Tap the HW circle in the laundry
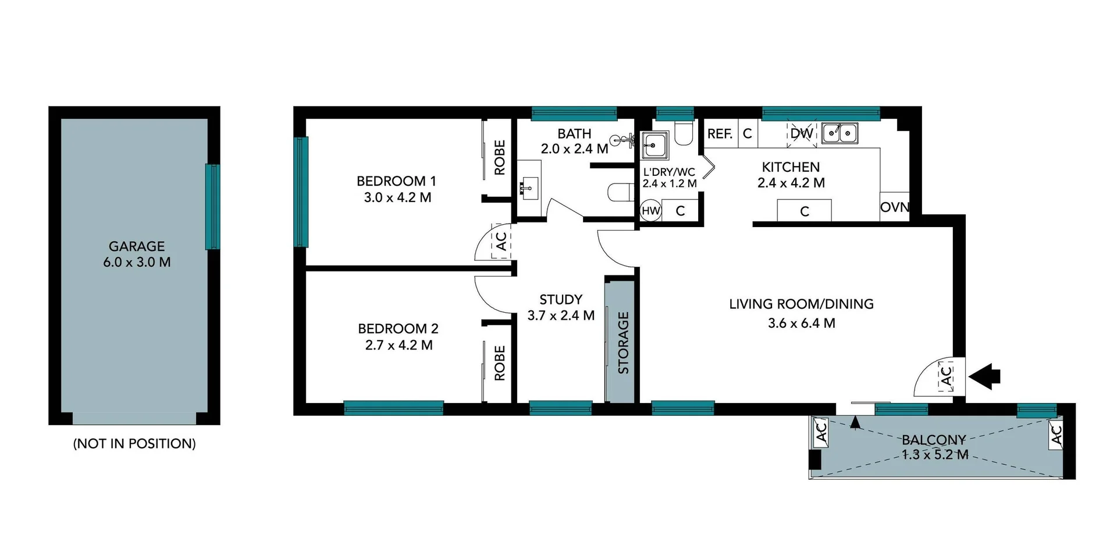pos(650,211)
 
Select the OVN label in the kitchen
pos(894,207)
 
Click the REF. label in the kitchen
pos(720,134)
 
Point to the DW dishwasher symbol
pos(802,134)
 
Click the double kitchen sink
pos(839,134)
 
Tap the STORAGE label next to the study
pos(623,342)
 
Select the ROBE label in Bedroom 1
pos(499,157)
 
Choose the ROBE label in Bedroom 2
pos(499,363)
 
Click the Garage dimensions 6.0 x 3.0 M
pos(137,262)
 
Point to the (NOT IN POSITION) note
pos(134,444)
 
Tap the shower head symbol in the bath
pos(620,139)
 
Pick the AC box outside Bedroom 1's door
pos(501,242)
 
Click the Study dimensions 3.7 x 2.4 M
pos(561,316)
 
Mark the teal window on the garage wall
pos(212,207)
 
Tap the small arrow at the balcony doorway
pos(855,422)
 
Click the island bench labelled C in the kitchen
pos(805,211)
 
